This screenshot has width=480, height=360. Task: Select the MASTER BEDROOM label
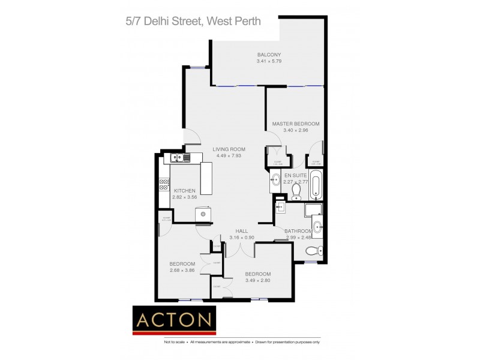[295, 124]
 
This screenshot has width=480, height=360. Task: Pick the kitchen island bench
[206, 178]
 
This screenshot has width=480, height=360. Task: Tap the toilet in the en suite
[296, 190]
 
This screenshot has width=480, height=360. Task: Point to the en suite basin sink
[275, 179]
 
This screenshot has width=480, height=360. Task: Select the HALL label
[241, 231]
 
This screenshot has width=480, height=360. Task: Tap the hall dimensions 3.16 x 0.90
[241, 238]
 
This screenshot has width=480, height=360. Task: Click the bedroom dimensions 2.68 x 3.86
[182, 271]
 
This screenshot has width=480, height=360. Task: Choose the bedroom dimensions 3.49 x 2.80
[258, 281]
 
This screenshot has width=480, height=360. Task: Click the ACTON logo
[174, 320]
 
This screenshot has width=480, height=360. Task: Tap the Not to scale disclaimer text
[174, 342]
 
